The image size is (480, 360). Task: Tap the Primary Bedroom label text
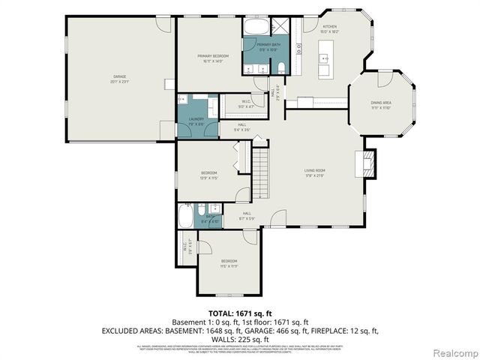[213, 58]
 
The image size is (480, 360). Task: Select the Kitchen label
[330, 29]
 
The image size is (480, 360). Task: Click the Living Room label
[314, 172]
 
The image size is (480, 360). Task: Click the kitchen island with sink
[325, 59]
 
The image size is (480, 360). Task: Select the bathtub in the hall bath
[185, 218]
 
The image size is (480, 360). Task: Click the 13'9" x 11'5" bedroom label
[207, 176]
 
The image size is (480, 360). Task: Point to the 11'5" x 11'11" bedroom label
[229, 264]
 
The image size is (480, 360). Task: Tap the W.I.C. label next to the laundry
[246, 105]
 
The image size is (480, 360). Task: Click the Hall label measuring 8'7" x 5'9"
[247, 217]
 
